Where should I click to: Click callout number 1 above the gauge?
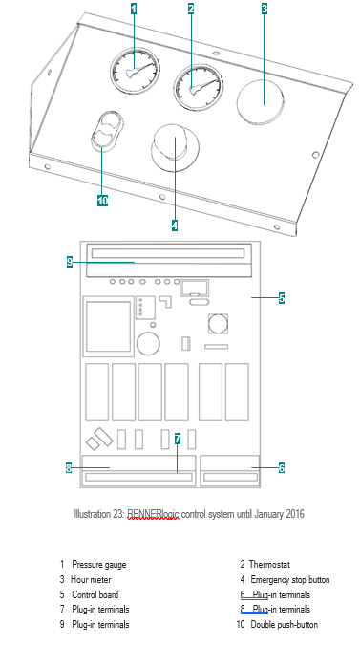[x=133, y=9]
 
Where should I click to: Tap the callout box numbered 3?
[x=265, y=9]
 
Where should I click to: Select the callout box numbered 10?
[x=102, y=201]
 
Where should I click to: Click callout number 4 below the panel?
[x=175, y=226]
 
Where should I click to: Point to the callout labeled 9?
[x=70, y=262]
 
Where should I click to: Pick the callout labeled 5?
[x=282, y=297]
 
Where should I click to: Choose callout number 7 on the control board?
[x=177, y=439]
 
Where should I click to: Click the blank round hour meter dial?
[x=261, y=100]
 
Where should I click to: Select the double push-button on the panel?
[x=106, y=130]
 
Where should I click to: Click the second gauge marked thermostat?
[x=199, y=87]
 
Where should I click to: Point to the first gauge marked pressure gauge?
[x=135, y=71]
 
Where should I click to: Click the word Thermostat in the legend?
[x=269, y=565]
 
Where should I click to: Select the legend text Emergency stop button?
[x=290, y=580]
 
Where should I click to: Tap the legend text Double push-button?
[x=285, y=624]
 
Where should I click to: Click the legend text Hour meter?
[x=91, y=580]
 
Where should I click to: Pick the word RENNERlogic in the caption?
[x=153, y=514]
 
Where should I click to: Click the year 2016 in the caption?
[x=295, y=514]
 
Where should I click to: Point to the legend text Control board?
[x=95, y=594]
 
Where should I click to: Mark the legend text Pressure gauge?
[x=99, y=565]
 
